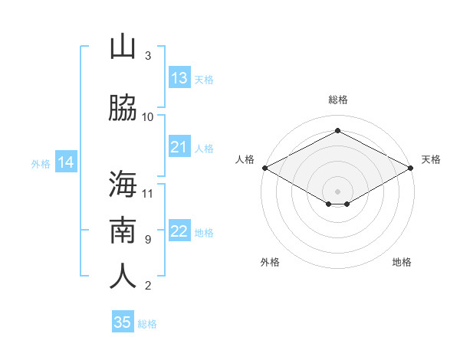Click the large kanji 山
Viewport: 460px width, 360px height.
click(x=123, y=47)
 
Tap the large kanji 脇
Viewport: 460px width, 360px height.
click(x=123, y=107)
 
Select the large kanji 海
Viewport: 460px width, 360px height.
click(x=123, y=184)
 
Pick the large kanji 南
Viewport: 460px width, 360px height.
click(x=123, y=230)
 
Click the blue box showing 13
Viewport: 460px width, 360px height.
click(x=179, y=77)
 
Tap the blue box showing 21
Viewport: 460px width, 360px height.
click(x=179, y=146)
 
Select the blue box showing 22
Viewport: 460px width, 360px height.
click(x=179, y=230)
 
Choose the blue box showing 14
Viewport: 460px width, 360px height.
click(x=66, y=162)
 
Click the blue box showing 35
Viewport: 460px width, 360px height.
click(x=123, y=321)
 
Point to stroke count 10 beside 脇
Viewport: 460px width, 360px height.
click(x=147, y=117)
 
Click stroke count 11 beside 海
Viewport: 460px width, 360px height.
click(x=147, y=194)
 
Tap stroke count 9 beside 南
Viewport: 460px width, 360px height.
click(x=148, y=240)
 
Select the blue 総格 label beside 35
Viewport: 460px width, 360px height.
click(x=147, y=324)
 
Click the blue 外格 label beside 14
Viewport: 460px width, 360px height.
click(x=41, y=164)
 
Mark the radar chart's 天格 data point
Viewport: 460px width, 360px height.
click(x=411, y=168)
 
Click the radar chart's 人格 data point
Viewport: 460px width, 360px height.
click(x=265, y=168)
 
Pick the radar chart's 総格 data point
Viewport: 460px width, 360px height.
click(x=337, y=130)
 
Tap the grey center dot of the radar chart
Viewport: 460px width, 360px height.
click(x=337, y=191)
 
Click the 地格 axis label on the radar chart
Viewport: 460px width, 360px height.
click(x=402, y=262)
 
